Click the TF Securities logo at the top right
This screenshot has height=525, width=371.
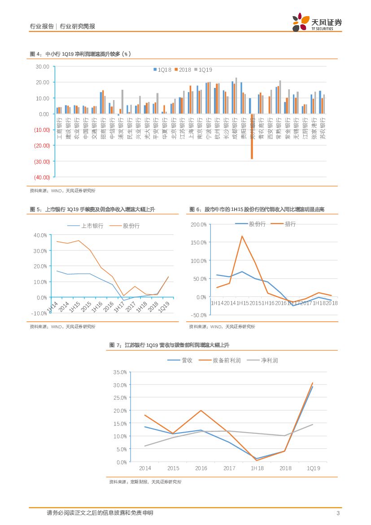[x=316, y=22]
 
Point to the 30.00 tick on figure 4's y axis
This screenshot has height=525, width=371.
[x=42, y=66]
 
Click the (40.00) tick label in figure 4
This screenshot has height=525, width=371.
[x=41, y=177]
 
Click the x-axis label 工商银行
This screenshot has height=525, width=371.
[x=59, y=123]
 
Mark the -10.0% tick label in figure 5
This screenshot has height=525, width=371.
[x=39, y=313]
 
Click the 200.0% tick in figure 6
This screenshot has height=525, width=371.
[x=198, y=224]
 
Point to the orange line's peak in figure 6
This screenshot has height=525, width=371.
[x=242, y=236]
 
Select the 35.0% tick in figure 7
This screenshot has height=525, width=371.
[x=121, y=372]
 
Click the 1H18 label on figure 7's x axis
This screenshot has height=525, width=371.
[x=257, y=468]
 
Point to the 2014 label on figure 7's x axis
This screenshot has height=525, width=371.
[x=145, y=468]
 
